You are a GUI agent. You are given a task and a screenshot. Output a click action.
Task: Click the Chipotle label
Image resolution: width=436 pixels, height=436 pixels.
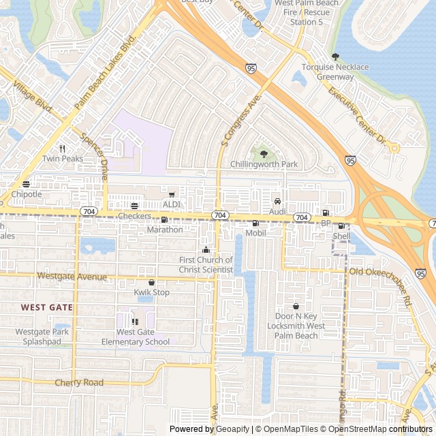point(27,194)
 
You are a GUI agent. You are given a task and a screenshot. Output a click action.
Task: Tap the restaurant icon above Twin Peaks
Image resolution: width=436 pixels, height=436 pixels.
point(62,149)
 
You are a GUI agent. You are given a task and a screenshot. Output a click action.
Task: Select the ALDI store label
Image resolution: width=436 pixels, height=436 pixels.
point(171,204)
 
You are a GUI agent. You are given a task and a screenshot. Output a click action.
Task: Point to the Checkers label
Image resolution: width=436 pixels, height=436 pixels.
point(134,216)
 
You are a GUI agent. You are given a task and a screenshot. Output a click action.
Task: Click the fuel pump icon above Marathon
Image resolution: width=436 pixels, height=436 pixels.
point(164,219)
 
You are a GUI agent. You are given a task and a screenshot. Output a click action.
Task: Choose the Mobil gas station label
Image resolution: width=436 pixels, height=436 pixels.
point(255,233)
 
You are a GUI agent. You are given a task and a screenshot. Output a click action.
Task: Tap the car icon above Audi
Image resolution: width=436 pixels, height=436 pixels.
point(277,202)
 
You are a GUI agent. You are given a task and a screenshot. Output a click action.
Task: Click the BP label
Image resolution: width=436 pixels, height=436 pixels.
point(325,223)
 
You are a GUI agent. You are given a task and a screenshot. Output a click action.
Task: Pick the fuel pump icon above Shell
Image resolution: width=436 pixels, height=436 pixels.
point(341,225)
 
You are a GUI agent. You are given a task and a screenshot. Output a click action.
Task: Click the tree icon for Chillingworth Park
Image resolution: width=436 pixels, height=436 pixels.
point(264,155)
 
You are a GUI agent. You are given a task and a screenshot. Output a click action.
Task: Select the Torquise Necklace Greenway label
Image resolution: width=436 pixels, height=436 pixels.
point(335,72)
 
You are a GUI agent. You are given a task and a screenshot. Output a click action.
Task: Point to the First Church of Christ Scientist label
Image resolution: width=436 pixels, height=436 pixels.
point(206,265)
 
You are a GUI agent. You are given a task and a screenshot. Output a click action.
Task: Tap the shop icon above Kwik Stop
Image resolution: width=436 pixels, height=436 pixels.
point(151,282)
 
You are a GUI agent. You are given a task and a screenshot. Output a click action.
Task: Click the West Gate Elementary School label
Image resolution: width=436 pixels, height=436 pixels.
point(135,337)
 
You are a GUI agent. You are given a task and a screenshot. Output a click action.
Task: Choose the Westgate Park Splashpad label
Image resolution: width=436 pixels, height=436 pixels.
point(42,337)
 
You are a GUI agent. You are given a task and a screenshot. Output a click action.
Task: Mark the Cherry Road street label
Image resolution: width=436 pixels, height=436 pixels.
point(79,383)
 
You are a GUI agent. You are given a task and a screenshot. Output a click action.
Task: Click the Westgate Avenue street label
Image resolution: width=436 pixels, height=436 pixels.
point(72,277)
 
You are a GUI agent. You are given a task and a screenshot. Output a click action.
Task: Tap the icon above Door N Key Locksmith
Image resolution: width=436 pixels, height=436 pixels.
point(296,306)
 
